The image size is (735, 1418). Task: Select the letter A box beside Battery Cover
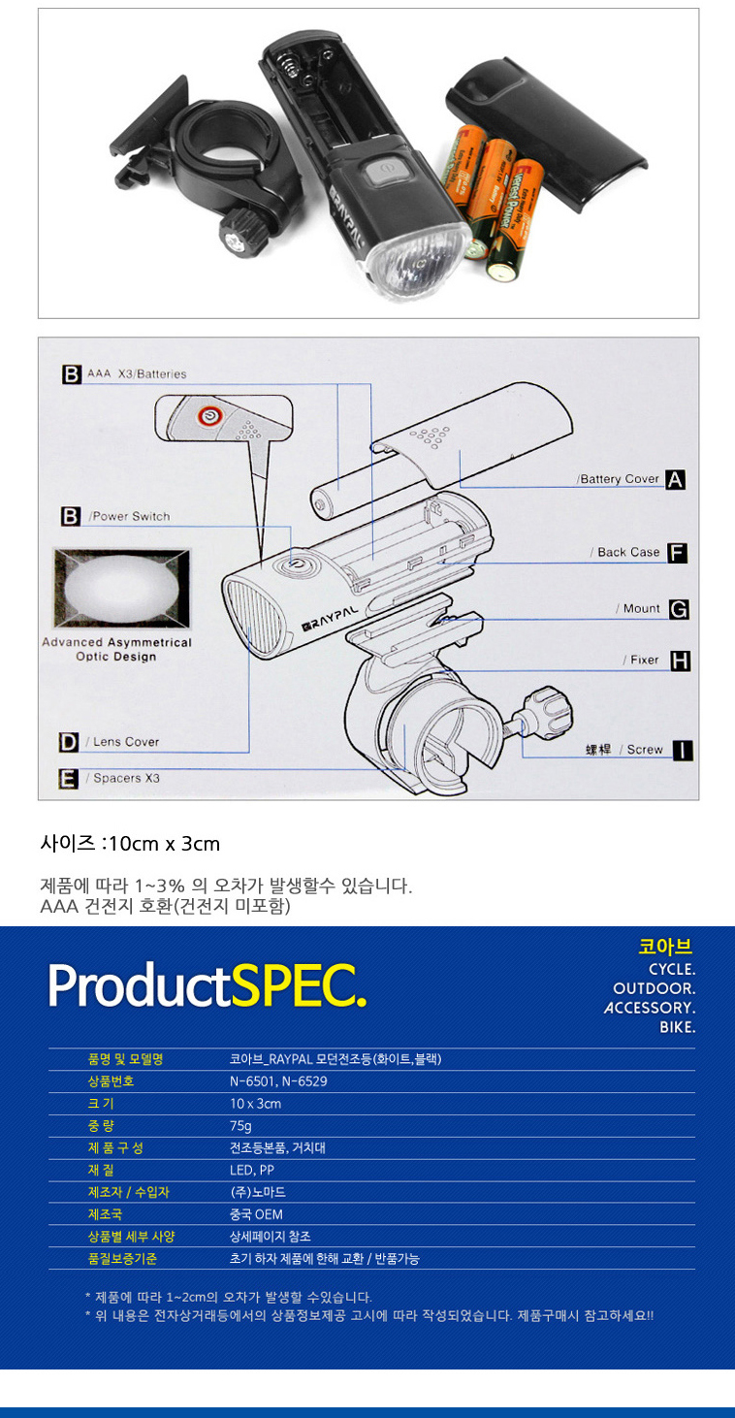point(675,479)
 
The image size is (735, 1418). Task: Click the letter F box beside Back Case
point(677,553)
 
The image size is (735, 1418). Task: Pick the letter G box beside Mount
point(679,609)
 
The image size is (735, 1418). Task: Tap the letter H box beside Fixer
point(681,661)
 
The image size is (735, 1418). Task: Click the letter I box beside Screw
point(684,750)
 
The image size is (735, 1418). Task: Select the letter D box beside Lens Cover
point(69,743)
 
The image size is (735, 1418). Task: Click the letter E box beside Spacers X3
point(69,779)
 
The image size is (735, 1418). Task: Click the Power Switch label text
point(130,517)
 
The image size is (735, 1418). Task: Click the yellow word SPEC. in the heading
point(300,985)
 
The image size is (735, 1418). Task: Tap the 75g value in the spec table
point(240,1126)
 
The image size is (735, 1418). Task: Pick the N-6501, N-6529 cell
point(278,1081)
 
